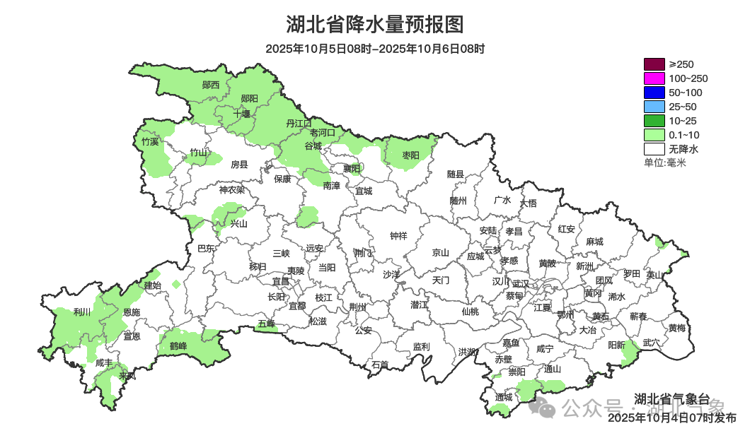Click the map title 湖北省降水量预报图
click(x=375, y=25)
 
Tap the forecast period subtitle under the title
click(x=375, y=49)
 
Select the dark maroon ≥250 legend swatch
click(x=654, y=64)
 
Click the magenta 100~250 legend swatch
click(x=654, y=78)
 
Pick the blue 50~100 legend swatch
click(x=654, y=93)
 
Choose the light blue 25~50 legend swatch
click(x=654, y=107)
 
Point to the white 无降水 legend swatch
click(x=654, y=149)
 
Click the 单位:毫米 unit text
click(x=665, y=163)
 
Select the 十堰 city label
click(x=242, y=114)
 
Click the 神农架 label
click(x=231, y=189)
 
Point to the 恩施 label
click(x=132, y=312)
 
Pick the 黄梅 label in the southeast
click(x=676, y=328)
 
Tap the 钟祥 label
click(x=399, y=237)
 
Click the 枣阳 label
click(x=410, y=155)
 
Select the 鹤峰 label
click(x=178, y=346)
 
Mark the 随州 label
click(x=458, y=201)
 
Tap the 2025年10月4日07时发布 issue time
click(x=671, y=418)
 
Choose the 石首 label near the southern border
click(x=380, y=365)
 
